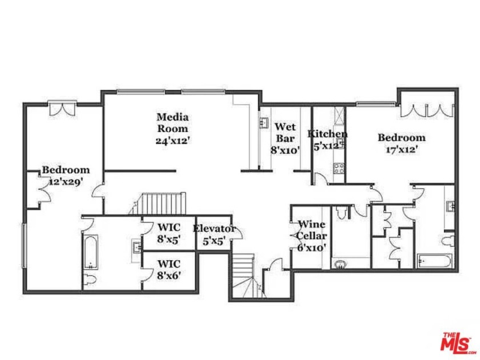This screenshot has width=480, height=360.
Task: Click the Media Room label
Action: click(172, 122)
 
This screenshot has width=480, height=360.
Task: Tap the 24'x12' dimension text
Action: click(172, 140)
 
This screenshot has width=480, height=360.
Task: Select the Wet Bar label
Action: click(285, 132)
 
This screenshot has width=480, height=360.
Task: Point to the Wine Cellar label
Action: click(312, 230)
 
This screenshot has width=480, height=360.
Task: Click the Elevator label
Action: click(214, 229)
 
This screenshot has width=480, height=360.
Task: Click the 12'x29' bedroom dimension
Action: click(66, 181)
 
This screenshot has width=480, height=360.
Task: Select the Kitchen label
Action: click(327, 134)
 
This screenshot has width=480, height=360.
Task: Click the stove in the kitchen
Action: click(338, 169)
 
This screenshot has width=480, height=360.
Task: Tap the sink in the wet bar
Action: click(265, 123)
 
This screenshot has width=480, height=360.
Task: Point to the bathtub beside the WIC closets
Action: click(90, 252)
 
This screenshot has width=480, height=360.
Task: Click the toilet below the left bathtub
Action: click(89, 281)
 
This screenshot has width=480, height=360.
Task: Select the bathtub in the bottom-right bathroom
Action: click(436, 261)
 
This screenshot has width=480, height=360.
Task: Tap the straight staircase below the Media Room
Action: click(163, 203)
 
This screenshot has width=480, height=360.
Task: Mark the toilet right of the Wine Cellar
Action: click(342, 213)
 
